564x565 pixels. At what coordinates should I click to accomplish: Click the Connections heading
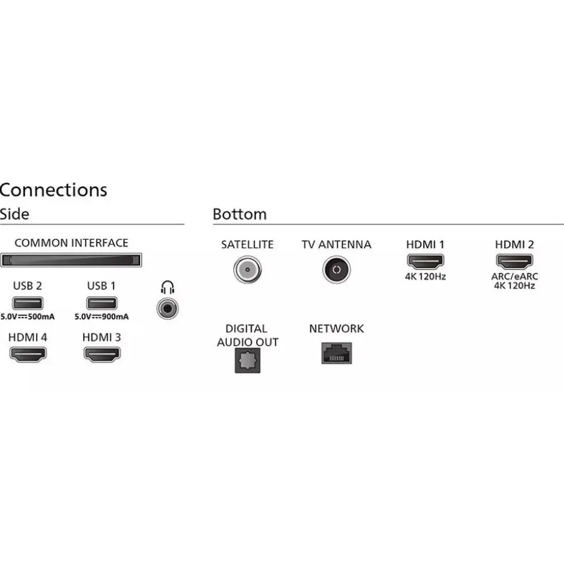[x=53, y=190]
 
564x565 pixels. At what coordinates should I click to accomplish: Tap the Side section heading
[x=15, y=214]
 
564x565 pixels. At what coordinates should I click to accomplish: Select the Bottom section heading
[x=240, y=214]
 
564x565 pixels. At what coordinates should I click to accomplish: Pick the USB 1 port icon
[x=102, y=303]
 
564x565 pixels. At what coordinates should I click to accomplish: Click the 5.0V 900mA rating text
[x=102, y=317]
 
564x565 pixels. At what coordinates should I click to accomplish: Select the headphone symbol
[x=168, y=287]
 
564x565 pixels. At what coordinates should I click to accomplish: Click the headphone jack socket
[x=167, y=307]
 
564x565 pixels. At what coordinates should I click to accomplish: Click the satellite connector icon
[x=247, y=269]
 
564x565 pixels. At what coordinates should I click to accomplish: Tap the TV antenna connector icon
[x=336, y=269]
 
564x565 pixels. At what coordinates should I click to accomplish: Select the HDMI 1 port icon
[x=425, y=261]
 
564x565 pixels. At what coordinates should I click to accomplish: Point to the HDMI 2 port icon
[x=514, y=261]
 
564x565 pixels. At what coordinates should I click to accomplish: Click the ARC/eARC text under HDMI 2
[x=514, y=277]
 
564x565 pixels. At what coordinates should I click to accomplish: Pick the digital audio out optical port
[x=247, y=361]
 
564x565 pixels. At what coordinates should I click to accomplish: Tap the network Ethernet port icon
[x=337, y=353]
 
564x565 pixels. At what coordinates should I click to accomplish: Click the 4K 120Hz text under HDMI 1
[x=425, y=276]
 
